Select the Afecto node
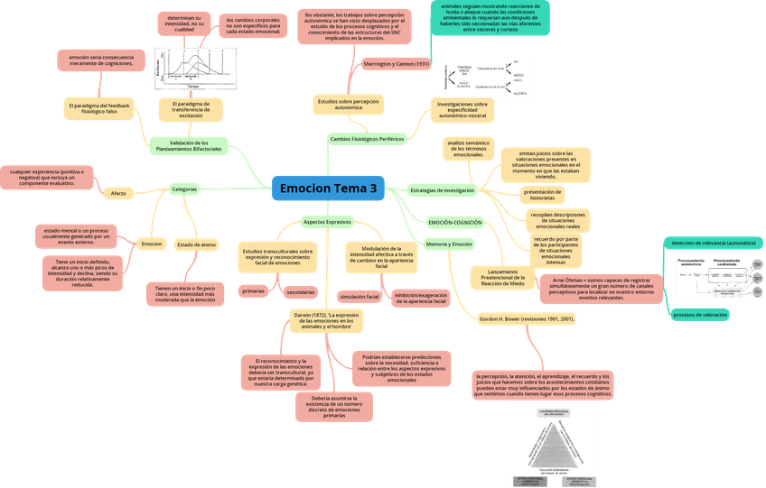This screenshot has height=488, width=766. [x=118, y=194]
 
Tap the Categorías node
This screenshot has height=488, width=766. [x=184, y=189]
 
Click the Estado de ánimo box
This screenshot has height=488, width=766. [x=196, y=244]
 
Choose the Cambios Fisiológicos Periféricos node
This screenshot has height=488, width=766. [x=367, y=140]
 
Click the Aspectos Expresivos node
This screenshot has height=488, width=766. [x=327, y=221]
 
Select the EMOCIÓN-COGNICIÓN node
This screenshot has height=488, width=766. [x=455, y=222]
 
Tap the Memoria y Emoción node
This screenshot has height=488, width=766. [x=449, y=244]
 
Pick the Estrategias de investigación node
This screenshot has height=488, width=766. [x=443, y=190]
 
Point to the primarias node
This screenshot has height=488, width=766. [x=254, y=291]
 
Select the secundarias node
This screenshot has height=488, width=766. [x=301, y=292]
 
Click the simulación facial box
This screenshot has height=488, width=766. [x=360, y=296]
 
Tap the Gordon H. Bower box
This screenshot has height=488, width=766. [x=528, y=319]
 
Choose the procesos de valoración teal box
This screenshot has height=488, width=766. [x=701, y=314]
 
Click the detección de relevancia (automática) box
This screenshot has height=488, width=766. [x=714, y=243]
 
